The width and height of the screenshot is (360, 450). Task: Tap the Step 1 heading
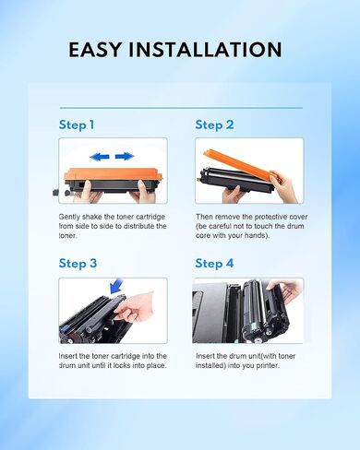pyautogui.click(x=77, y=124)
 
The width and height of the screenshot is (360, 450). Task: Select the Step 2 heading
pyautogui.click(x=214, y=124)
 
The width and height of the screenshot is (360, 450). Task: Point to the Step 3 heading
pyautogui.click(x=78, y=263)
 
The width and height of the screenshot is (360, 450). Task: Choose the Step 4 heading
pyautogui.click(x=214, y=263)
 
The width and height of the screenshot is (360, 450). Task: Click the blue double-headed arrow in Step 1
pyautogui.click(x=114, y=157)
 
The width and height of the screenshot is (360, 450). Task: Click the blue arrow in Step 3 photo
pyautogui.click(x=114, y=292)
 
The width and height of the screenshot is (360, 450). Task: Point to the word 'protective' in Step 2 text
pyautogui.click(x=263, y=215)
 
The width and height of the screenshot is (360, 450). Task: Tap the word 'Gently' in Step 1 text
pyautogui.click(x=70, y=215)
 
